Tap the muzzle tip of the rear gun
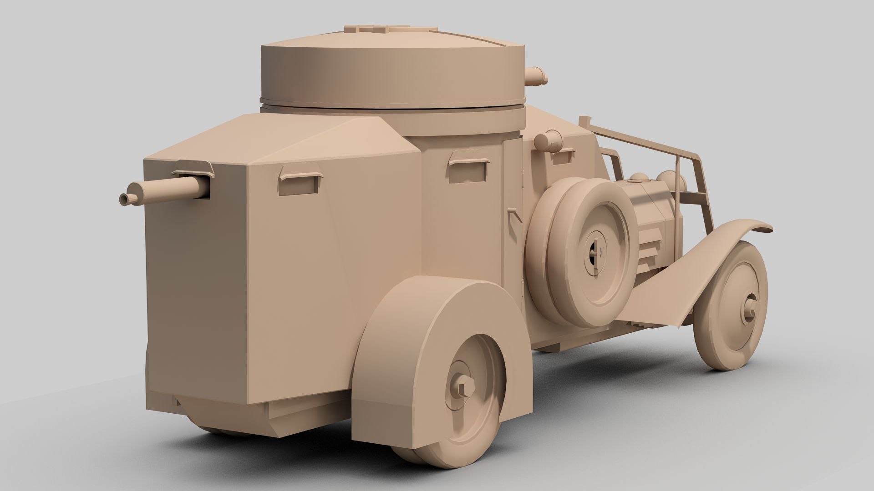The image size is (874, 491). [124, 199]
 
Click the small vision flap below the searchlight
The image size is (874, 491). [563, 157]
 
